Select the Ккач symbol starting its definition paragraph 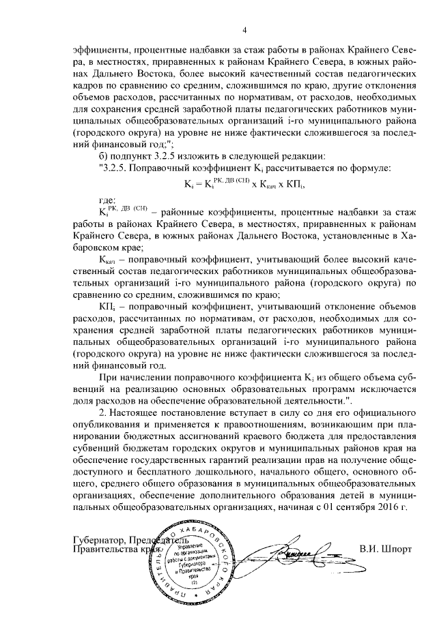pos(109,260)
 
